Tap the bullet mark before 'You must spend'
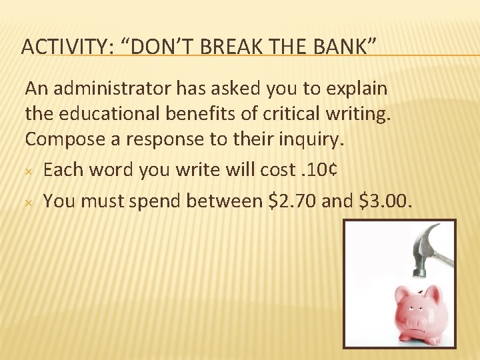tap(29, 201)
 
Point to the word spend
tap(153, 200)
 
